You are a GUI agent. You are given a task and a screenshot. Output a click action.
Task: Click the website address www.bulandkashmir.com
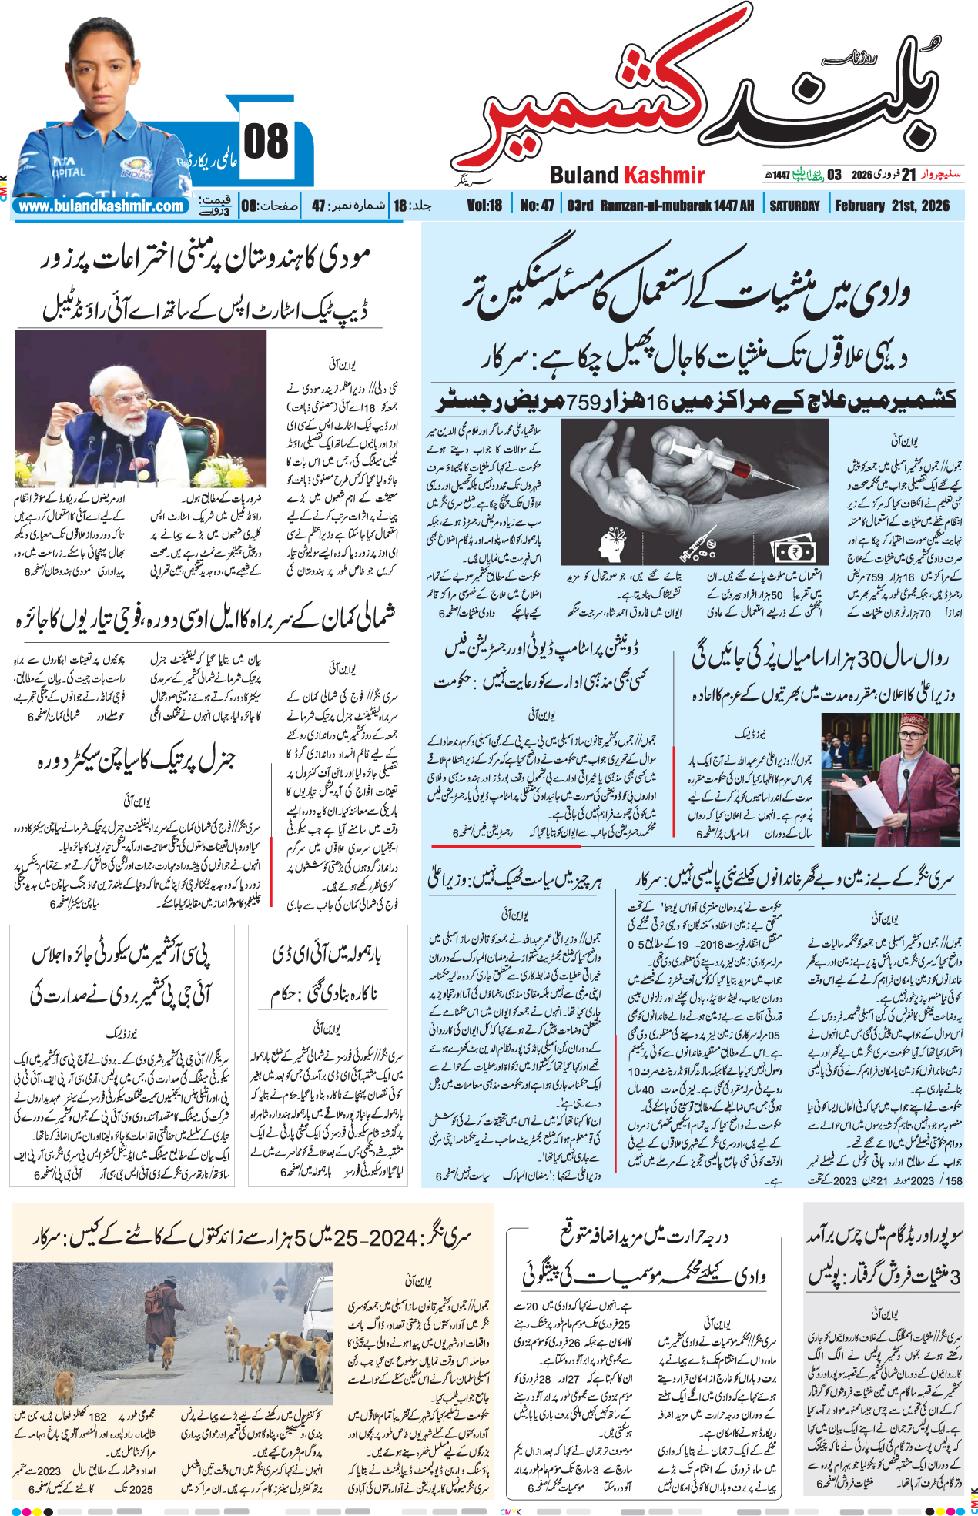click(101, 206)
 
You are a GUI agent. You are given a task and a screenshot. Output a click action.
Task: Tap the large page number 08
click(266, 142)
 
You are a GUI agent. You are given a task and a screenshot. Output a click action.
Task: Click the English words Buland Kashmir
click(627, 176)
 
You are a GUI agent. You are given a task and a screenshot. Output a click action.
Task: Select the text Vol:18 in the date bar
click(484, 206)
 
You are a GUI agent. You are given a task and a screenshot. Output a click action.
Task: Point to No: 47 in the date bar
click(537, 206)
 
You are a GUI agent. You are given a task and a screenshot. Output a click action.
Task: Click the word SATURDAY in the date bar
click(794, 206)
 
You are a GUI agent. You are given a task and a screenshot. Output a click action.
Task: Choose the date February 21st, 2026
click(892, 206)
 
